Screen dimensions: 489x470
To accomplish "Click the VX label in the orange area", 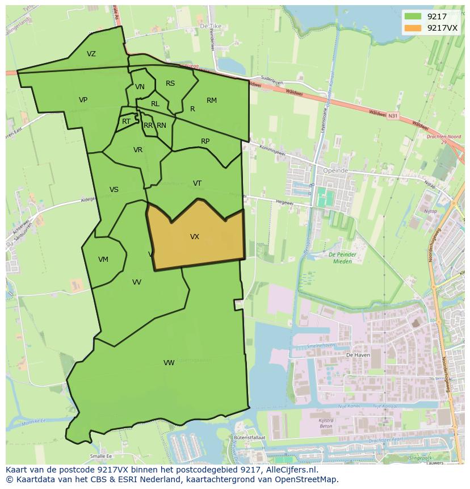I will click(195, 237).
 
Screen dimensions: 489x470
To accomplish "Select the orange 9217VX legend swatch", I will click(413, 28).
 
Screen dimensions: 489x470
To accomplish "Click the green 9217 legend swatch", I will click(413, 16).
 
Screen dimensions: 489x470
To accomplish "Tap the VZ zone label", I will click(91, 54).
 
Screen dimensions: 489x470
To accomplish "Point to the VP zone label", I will click(83, 100).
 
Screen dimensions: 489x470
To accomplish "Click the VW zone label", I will click(169, 363).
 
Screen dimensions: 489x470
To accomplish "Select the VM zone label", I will click(103, 260).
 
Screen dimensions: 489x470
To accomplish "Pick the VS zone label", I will click(114, 190).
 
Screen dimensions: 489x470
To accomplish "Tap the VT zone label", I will click(197, 183).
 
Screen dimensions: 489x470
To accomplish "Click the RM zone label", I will click(212, 101).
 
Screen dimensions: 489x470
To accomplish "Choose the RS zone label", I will click(170, 83).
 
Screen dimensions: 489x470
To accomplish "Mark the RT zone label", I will click(126, 122).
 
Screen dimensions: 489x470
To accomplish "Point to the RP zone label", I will click(205, 141).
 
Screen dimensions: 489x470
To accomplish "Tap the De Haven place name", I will click(358, 354).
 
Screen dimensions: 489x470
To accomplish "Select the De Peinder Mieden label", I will click(341, 258).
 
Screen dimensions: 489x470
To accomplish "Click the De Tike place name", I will click(209, 27).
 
